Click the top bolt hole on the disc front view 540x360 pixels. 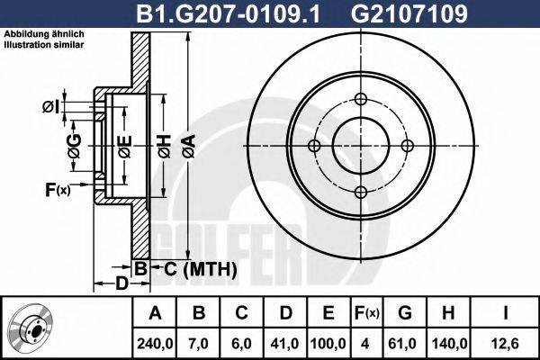point(360,101)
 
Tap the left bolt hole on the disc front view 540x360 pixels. point(314,147)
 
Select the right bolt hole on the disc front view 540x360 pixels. point(406,147)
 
